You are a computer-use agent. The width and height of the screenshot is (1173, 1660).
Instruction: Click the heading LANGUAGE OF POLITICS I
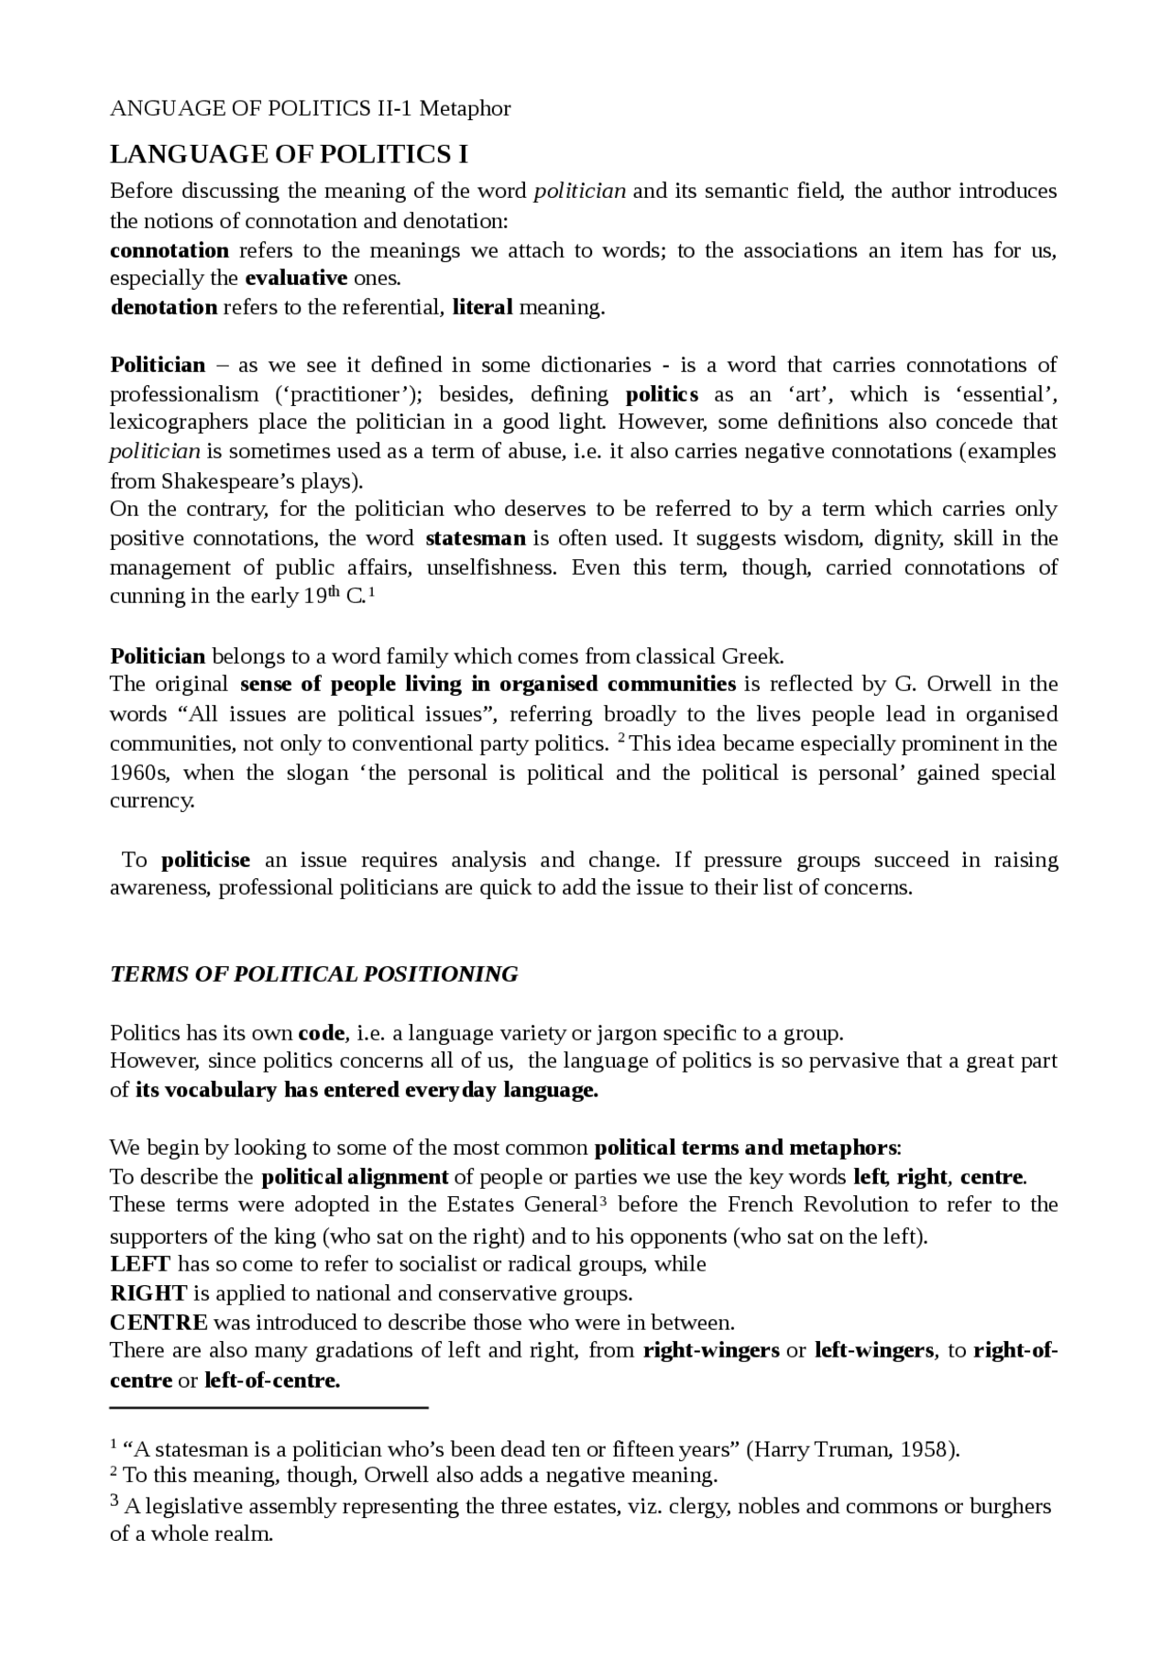coord(289,155)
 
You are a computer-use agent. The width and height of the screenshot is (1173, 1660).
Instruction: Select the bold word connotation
coord(170,250)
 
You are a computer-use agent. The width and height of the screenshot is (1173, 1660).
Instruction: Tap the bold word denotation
coord(164,307)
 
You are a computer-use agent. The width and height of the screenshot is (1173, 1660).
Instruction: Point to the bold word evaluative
coord(296,278)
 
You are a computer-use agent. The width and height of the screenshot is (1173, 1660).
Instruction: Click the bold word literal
coord(482,307)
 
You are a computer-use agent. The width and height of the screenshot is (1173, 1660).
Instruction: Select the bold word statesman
coord(476,538)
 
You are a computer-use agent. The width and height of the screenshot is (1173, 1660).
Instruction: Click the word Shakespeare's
coord(237,481)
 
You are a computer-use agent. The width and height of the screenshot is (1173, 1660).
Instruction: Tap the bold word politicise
coord(205,860)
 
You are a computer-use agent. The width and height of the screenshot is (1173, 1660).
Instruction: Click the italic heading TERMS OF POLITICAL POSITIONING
coord(313,974)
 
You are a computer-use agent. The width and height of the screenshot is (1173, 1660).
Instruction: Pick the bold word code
coord(321,1033)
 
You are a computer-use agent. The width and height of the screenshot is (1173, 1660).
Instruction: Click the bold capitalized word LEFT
coord(139,1264)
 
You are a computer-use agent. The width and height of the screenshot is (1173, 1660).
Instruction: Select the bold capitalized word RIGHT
coord(148,1293)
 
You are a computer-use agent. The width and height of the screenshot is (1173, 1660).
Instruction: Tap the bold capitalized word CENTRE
coord(159,1323)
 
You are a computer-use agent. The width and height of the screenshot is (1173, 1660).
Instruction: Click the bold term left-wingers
coord(873,1350)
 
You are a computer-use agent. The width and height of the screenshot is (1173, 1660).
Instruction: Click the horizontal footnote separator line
coord(269,1406)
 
